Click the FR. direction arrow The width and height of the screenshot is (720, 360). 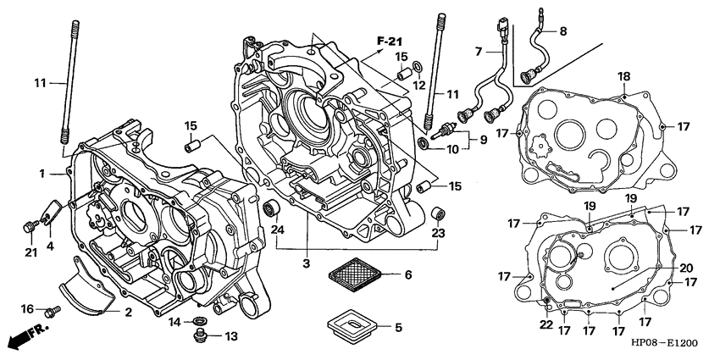click(25, 341)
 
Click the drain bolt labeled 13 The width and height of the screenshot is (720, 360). click(202, 337)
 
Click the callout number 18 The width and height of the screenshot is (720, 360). click(623, 77)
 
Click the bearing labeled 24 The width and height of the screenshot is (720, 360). click(275, 208)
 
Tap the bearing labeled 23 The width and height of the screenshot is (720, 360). click(436, 210)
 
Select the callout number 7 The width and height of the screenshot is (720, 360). click(479, 53)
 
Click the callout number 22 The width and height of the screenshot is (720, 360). click(546, 323)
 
